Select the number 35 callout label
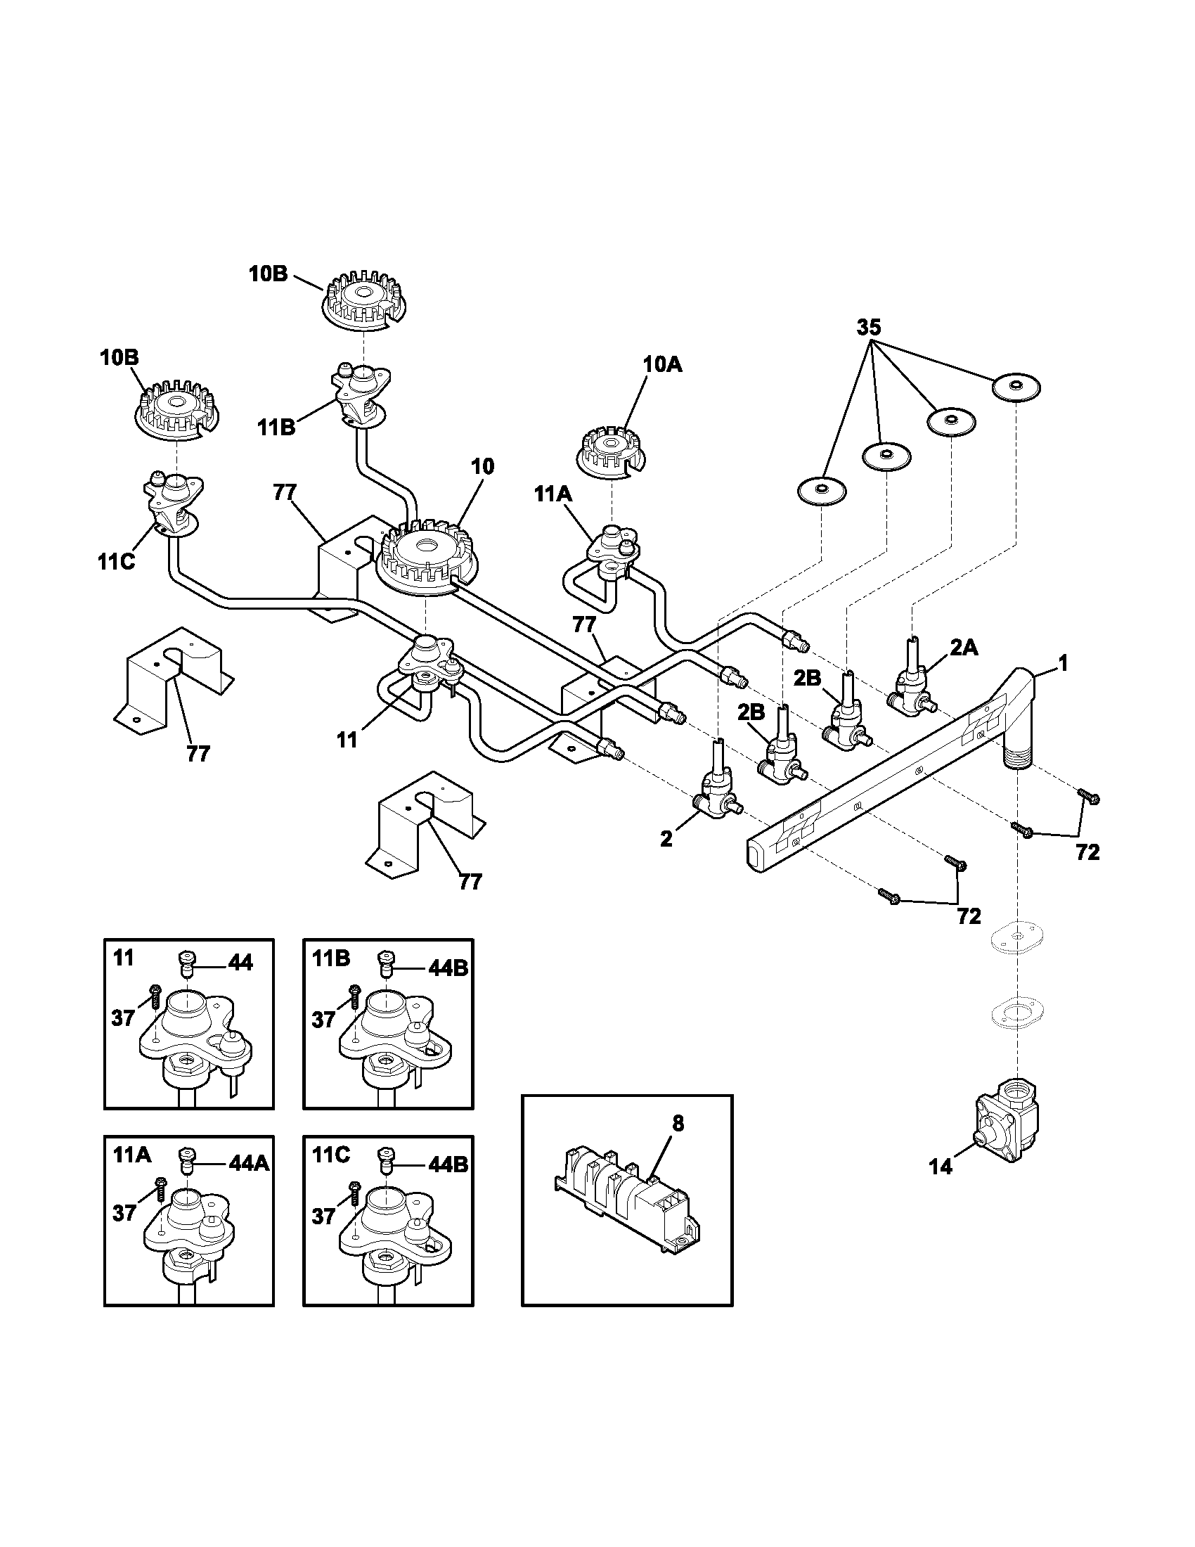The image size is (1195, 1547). tap(869, 327)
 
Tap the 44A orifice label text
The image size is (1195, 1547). tap(248, 1163)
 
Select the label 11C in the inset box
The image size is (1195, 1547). tap(330, 1155)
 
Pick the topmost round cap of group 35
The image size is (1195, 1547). tap(1016, 387)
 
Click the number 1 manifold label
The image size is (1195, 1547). tap(1063, 663)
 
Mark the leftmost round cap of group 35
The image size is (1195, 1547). tap(822, 490)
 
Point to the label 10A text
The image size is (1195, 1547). tap(663, 365)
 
